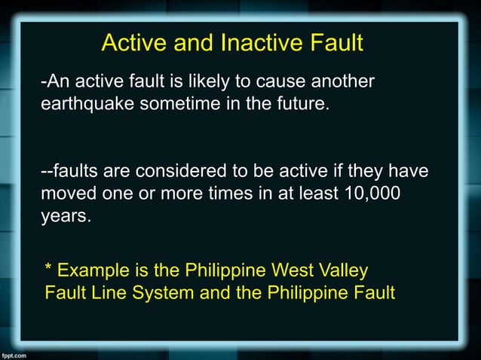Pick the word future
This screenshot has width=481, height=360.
302,103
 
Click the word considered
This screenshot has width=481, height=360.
177,172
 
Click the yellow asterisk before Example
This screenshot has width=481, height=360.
49,268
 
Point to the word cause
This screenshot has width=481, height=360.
277,81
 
